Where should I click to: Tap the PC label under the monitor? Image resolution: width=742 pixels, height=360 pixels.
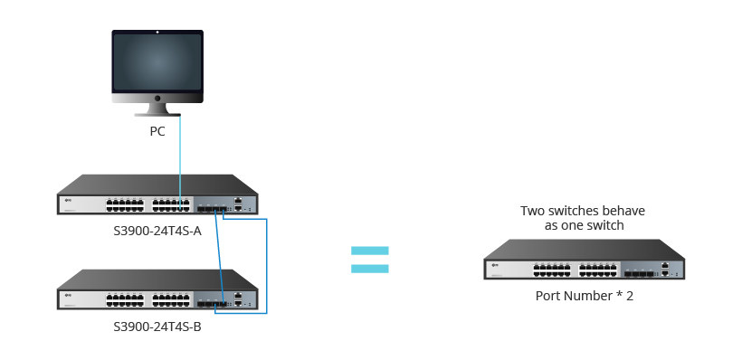(x=157, y=131)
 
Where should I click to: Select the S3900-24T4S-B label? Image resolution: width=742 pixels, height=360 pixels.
(x=157, y=326)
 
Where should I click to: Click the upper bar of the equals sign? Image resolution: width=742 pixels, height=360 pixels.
(x=369, y=251)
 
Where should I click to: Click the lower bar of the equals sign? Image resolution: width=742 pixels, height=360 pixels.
(x=369, y=268)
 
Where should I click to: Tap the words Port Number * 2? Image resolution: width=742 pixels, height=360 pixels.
(x=584, y=296)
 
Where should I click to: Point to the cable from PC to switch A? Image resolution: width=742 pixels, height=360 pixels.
(x=180, y=154)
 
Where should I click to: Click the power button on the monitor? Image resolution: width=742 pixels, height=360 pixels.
(x=157, y=97)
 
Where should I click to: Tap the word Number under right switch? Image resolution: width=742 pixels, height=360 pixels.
(x=585, y=296)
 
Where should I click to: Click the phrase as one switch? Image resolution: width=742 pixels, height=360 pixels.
(x=584, y=225)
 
